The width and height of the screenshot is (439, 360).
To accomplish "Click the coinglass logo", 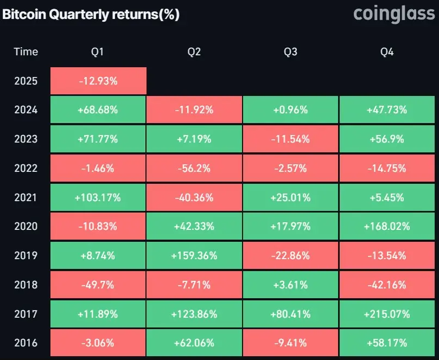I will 394,14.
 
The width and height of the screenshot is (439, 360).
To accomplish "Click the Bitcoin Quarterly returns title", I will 91,15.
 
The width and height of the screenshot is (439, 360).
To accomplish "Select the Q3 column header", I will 290,52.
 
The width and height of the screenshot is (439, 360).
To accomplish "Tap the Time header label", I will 26,52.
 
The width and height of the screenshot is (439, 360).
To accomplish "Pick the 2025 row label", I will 26,81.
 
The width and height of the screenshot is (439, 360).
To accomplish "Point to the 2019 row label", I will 26,255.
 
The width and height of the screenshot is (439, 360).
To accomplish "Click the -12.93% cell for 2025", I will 98,81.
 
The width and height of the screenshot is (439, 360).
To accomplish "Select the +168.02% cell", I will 387,227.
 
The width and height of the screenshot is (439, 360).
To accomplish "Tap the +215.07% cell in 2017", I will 387,314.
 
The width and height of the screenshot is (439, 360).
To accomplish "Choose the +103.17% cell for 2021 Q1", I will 98,198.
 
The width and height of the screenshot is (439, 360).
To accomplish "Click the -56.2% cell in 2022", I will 194,169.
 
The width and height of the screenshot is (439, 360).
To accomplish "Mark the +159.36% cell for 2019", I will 194,255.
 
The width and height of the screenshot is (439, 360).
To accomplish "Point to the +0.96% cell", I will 290,110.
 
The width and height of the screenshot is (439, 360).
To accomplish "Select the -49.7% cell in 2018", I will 98,285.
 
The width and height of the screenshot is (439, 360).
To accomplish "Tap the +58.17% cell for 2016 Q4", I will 387,343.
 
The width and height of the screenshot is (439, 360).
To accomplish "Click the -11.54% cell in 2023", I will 290,139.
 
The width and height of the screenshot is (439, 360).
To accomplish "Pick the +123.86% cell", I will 194,314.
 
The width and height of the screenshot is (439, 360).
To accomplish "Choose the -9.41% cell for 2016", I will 290,343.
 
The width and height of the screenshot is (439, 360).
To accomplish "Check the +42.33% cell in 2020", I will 194,227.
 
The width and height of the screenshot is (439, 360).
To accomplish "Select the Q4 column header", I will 387,52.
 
